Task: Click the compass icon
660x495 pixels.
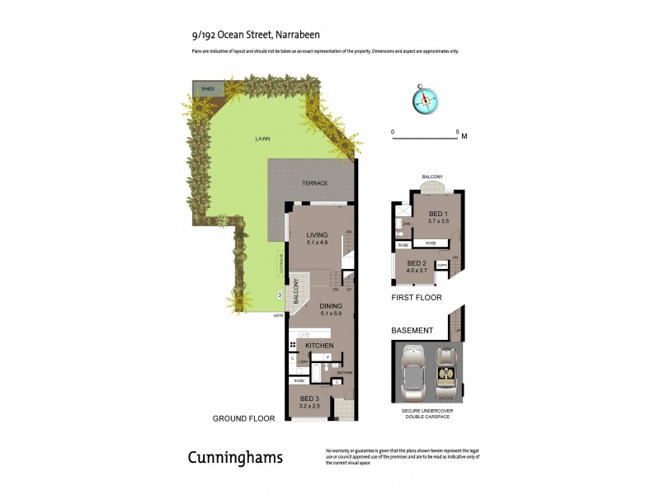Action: pyautogui.click(x=426, y=99)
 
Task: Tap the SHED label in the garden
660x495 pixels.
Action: pyautogui.click(x=207, y=87)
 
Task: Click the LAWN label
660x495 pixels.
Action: pyautogui.click(x=262, y=139)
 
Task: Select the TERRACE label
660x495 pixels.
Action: pyautogui.click(x=314, y=183)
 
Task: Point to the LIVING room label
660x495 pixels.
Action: pyautogui.click(x=318, y=234)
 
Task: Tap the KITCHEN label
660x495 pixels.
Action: pyautogui.click(x=319, y=345)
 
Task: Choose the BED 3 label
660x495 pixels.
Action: pyautogui.click(x=310, y=398)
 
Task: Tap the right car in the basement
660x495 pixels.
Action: pyautogui.click(x=446, y=371)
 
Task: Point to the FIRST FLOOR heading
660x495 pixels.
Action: pyautogui.click(x=417, y=297)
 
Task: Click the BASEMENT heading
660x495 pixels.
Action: pyautogui.click(x=412, y=331)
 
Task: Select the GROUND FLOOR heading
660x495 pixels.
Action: pyautogui.click(x=243, y=418)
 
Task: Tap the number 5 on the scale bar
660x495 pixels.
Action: pyautogui.click(x=457, y=132)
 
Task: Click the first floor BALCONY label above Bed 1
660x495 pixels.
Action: pyautogui.click(x=432, y=177)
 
